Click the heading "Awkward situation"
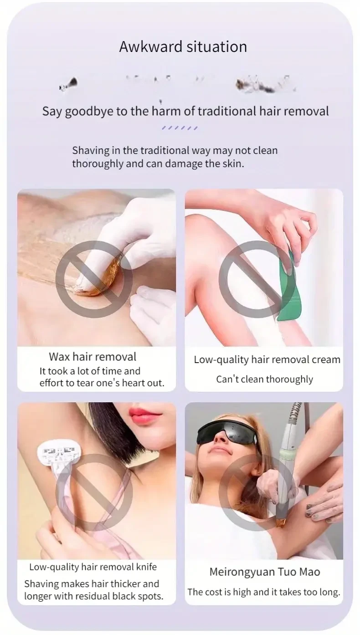click(183, 47)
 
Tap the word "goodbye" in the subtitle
click(89, 112)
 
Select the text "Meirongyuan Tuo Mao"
click(264, 572)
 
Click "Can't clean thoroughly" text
click(264, 379)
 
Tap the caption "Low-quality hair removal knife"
click(93, 567)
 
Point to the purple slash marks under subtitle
click(180, 128)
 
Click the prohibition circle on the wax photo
click(94, 279)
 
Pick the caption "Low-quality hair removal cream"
click(267, 359)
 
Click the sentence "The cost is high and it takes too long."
click(264, 592)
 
